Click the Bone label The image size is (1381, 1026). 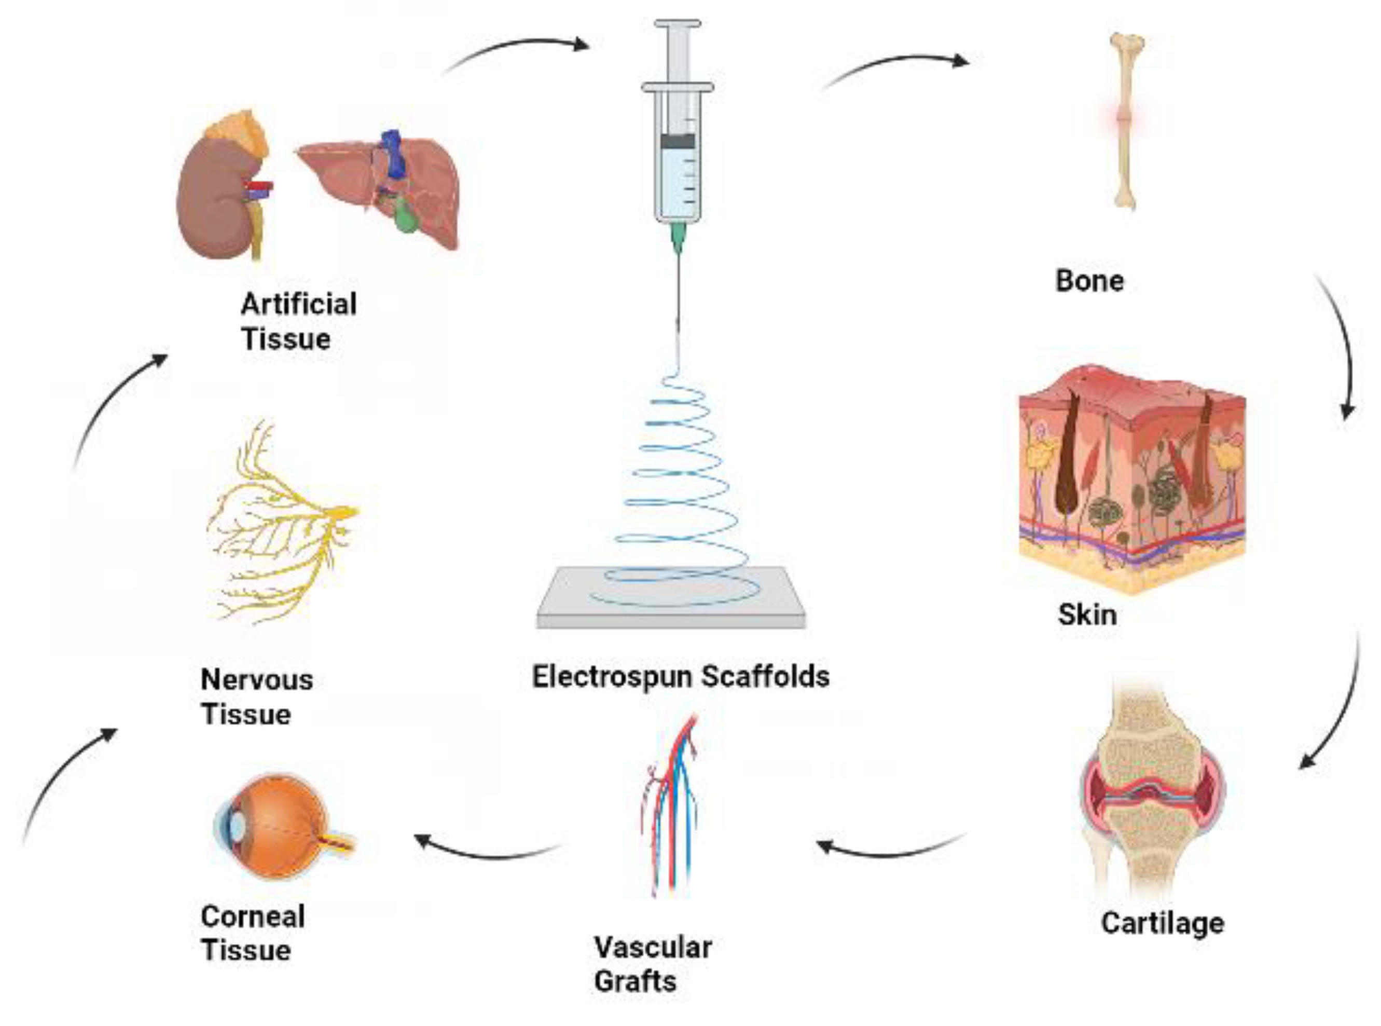[1089, 281]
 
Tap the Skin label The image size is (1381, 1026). [1087, 615]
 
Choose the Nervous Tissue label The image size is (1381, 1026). [256, 696]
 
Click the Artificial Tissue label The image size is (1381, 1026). [298, 321]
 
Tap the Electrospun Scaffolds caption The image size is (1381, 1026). [680, 676]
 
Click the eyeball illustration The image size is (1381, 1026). [282, 826]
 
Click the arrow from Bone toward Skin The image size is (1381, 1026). [1341, 348]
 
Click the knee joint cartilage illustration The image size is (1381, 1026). [1151, 795]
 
